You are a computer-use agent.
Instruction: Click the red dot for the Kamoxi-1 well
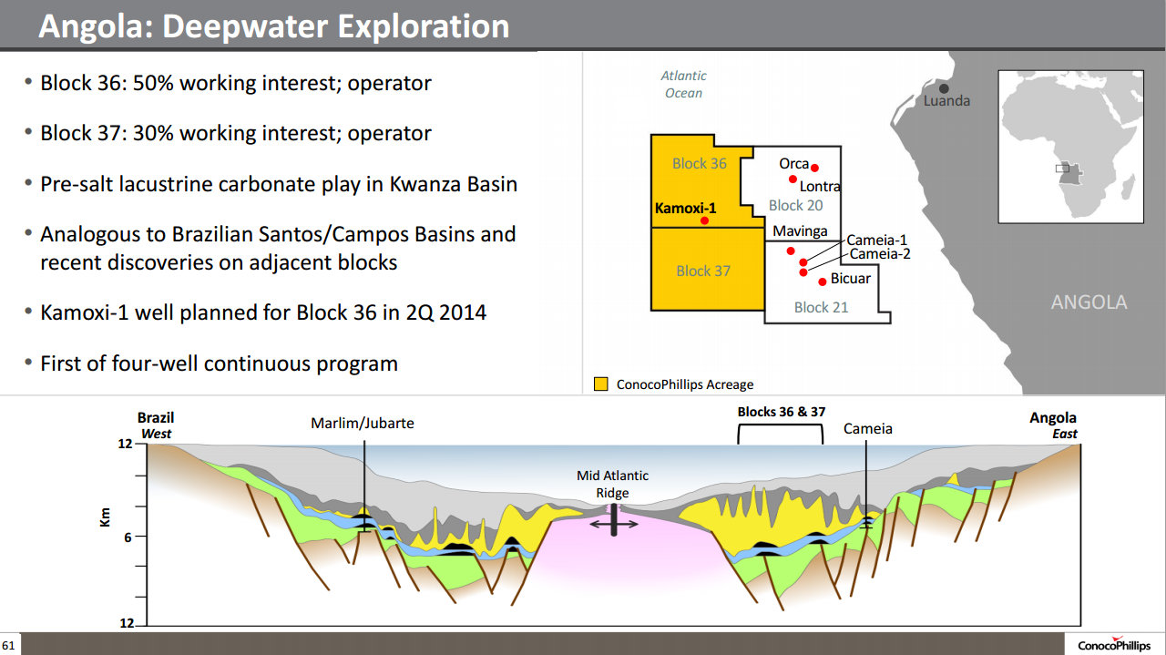pos(704,220)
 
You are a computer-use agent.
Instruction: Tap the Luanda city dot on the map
pos(944,88)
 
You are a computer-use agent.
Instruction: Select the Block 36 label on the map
pos(699,163)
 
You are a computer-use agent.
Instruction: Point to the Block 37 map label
pos(703,271)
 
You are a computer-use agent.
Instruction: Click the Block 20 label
pos(796,206)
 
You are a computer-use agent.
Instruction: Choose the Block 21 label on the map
pos(821,307)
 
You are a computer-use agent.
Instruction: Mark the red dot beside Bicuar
pos(823,282)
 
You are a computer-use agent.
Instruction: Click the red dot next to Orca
pos(814,168)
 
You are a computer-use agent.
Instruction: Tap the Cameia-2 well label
pos(880,254)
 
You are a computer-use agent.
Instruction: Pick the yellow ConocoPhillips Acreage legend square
pos(601,384)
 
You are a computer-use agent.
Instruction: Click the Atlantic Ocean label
pos(683,85)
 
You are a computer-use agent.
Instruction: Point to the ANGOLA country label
pos(1089,302)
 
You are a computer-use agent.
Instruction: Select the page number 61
pos(8,645)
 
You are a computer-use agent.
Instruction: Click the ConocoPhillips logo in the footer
pos(1114,645)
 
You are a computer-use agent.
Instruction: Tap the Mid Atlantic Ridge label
pos(613,485)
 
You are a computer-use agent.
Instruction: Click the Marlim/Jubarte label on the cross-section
pos(363,424)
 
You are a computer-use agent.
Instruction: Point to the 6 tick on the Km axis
pos(128,537)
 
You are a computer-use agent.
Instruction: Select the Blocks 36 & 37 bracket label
pos(782,412)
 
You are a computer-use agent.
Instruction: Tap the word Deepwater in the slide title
pos(247,26)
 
